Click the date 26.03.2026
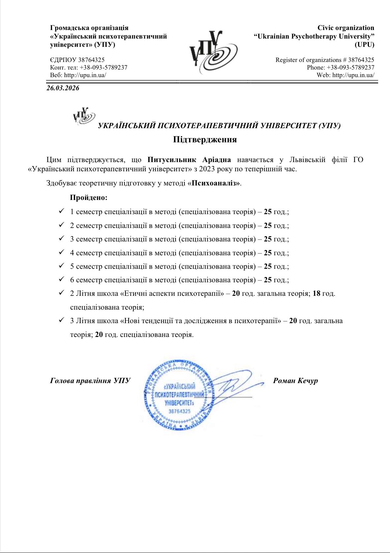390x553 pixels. (x=63, y=88)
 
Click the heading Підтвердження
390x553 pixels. (x=205, y=139)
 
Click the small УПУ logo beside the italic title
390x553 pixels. (x=84, y=116)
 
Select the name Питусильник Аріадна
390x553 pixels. (x=189, y=160)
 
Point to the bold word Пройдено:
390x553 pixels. (x=89, y=198)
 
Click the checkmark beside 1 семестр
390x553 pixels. (x=61, y=211)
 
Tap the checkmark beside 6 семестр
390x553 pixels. (x=61, y=280)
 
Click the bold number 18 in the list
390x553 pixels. (x=316, y=293)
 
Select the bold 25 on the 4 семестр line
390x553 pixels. (x=268, y=253)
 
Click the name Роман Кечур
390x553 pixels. (x=295, y=381)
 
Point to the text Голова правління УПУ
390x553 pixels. (x=90, y=381)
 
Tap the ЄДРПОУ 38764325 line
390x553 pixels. (x=77, y=60)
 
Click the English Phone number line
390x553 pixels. (x=341, y=67)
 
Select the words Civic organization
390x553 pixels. (x=346, y=28)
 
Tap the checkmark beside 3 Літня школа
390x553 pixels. (x=61, y=320)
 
